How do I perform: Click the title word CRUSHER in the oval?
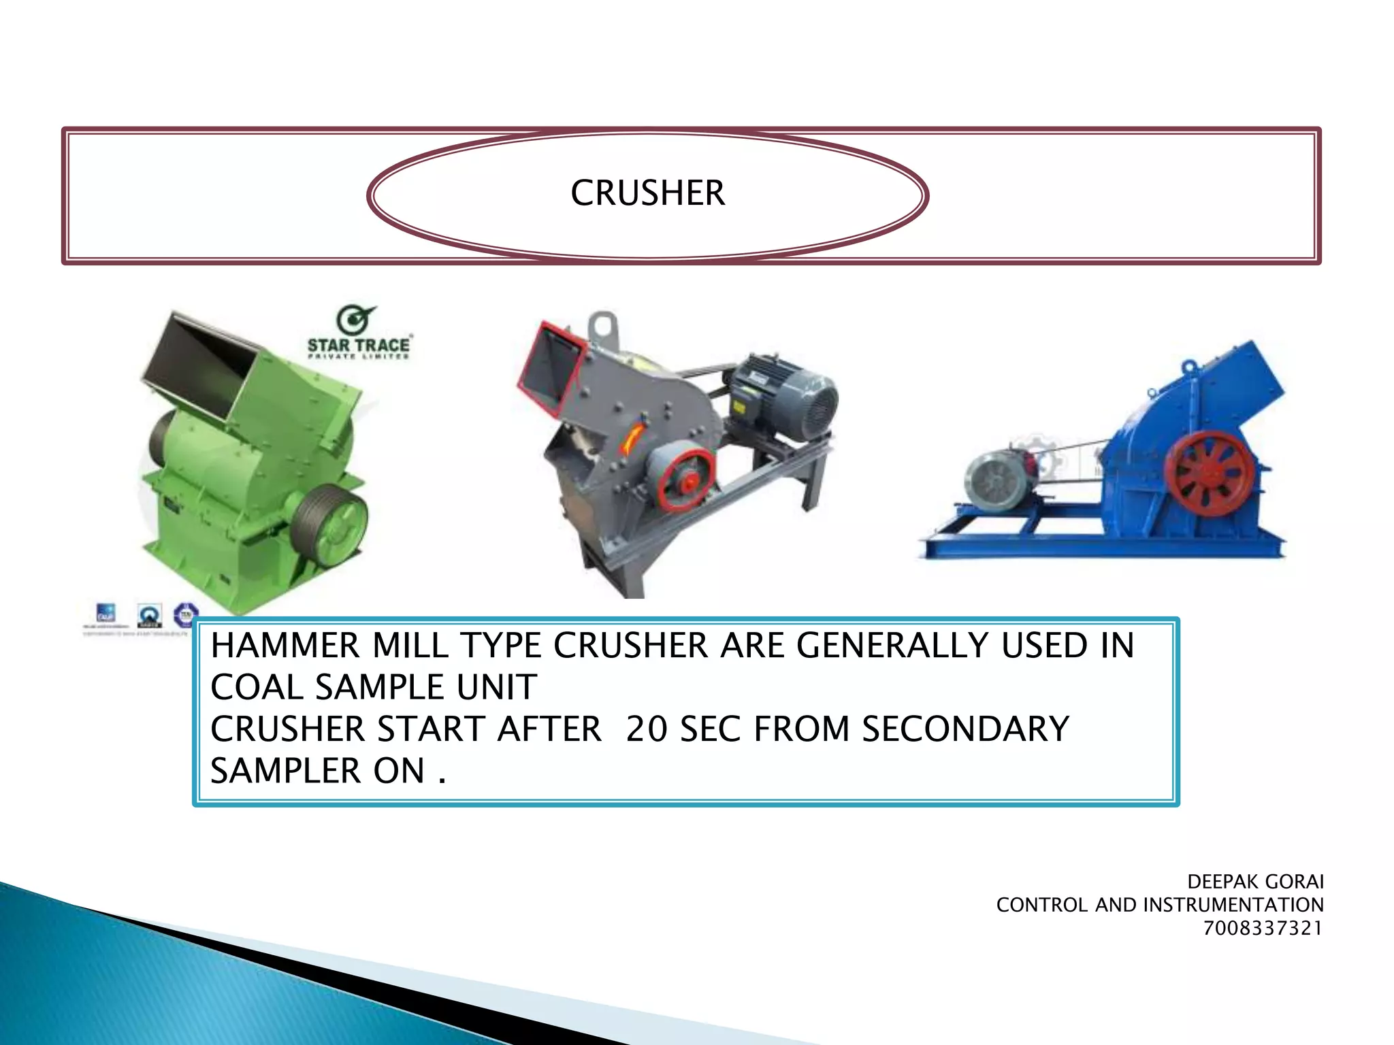click(x=647, y=193)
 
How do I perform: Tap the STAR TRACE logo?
click(x=358, y=333)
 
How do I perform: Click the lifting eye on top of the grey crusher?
click(x=603, y=327)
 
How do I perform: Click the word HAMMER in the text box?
click(x=285, y=645)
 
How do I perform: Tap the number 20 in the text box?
click(x=647, y=729)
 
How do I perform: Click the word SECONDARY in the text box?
click(x=965, y=729)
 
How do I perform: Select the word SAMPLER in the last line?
click(x=286, y=771)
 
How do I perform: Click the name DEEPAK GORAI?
click(x=1255, y=882)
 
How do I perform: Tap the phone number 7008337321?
click(x=1263, y=928)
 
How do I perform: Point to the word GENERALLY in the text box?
click(x=891, y=645)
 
